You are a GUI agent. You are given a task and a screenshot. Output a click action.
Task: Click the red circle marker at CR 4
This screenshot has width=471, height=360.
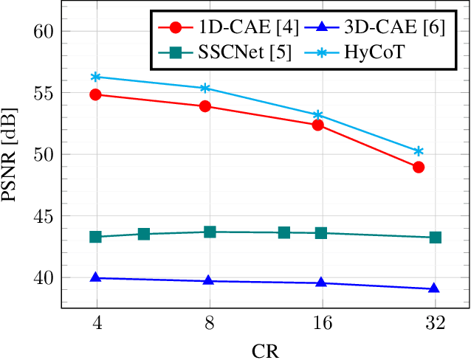point(95,94)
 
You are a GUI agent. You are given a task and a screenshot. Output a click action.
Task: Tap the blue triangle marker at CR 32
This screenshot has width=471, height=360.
point(434,288)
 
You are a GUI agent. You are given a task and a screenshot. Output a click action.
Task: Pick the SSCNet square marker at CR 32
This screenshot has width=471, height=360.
point(436,238)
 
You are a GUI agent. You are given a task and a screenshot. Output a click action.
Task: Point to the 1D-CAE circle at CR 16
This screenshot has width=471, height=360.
point(318,125)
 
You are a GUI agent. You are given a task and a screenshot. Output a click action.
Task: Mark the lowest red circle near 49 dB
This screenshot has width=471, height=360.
point(419,167)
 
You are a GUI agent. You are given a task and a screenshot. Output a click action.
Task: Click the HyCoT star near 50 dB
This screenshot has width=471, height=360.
point(419,151)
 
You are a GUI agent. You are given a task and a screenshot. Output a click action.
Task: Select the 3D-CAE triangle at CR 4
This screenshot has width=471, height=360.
point(95,277)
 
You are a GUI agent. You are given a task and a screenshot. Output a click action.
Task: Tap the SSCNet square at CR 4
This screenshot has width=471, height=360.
point(95,237)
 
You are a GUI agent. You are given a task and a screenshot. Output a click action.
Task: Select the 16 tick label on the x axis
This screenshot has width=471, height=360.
point(323,323)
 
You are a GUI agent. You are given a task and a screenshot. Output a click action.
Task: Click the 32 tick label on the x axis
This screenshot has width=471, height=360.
point(435,323)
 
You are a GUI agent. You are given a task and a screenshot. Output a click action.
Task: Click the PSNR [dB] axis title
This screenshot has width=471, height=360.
point(13,155)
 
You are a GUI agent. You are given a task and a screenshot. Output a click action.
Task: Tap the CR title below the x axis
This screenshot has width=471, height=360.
point(266,349)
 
